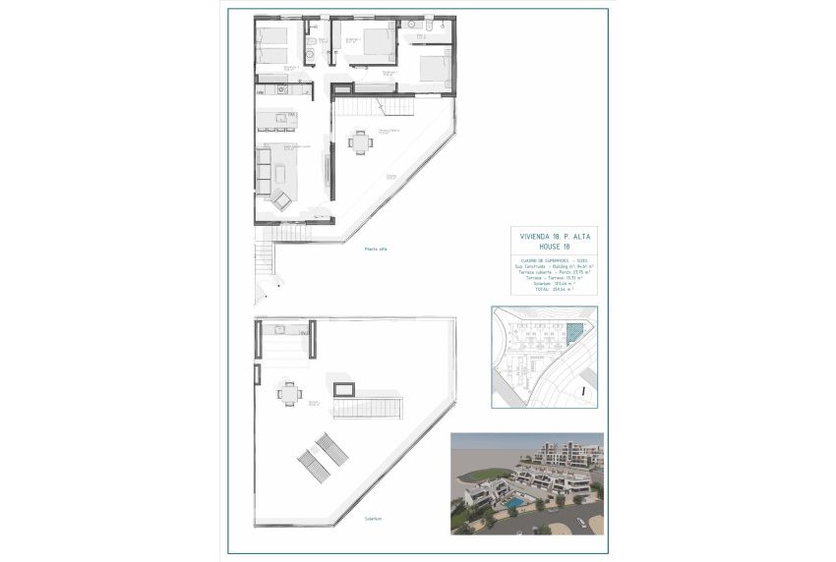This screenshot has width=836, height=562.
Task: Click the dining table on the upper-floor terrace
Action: (360, 142)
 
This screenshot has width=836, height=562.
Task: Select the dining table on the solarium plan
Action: (288, 392)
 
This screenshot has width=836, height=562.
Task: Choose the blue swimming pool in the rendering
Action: (512, 504)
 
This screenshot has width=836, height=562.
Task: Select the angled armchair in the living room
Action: (281, 200)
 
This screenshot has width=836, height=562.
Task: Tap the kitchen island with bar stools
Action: (276, 121)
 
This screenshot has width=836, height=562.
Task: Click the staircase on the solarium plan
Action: (374, 403)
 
